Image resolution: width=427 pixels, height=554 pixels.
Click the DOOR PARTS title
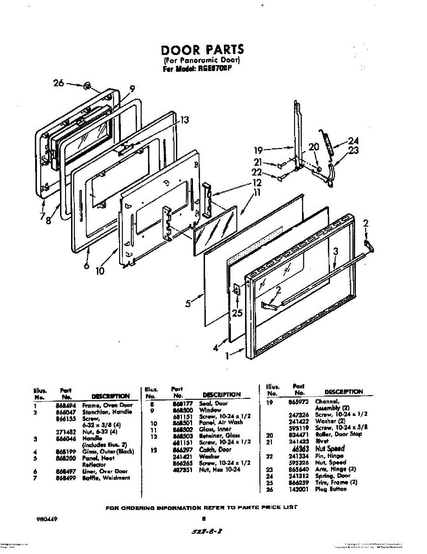coord(202,49)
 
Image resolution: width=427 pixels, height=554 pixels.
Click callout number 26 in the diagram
coord(59,84)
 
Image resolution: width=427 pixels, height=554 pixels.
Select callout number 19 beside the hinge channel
coord(259,150)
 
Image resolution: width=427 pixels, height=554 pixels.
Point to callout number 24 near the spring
coord(353,141)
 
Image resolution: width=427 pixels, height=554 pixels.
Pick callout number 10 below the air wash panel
coord(100,271)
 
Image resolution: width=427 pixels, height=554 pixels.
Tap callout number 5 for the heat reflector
coord(188,304)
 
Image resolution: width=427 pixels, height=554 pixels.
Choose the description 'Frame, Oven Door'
coord(108,405)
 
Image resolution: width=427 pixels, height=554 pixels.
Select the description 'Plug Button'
coord(331,489)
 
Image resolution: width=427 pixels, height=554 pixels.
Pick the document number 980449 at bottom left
coord(47,519)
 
